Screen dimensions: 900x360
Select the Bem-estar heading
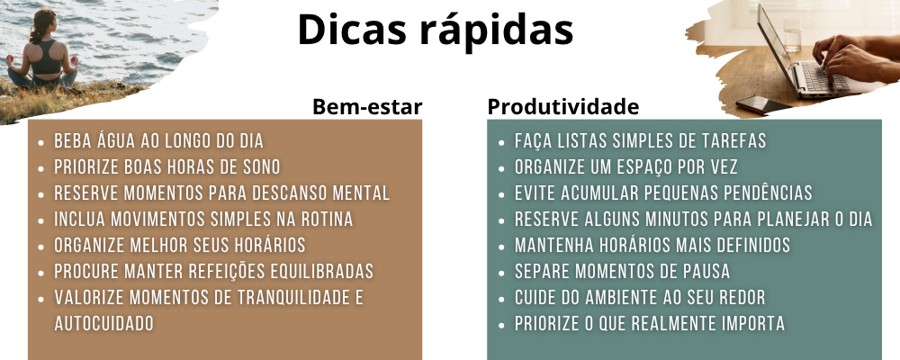pyautogui.click(x=367, y=107)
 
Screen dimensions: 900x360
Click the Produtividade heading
pyautogui.click(x=563, y=107)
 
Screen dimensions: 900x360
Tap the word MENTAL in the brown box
pyautogui.click(x=362, y=193)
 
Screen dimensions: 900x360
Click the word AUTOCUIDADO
pyautogui.click(x=103, y=324)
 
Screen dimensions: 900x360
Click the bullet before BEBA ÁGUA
pyautogui.click(x=40, y=142)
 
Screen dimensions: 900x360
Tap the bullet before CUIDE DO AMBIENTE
pyautogui.click(x=501, y=299)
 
